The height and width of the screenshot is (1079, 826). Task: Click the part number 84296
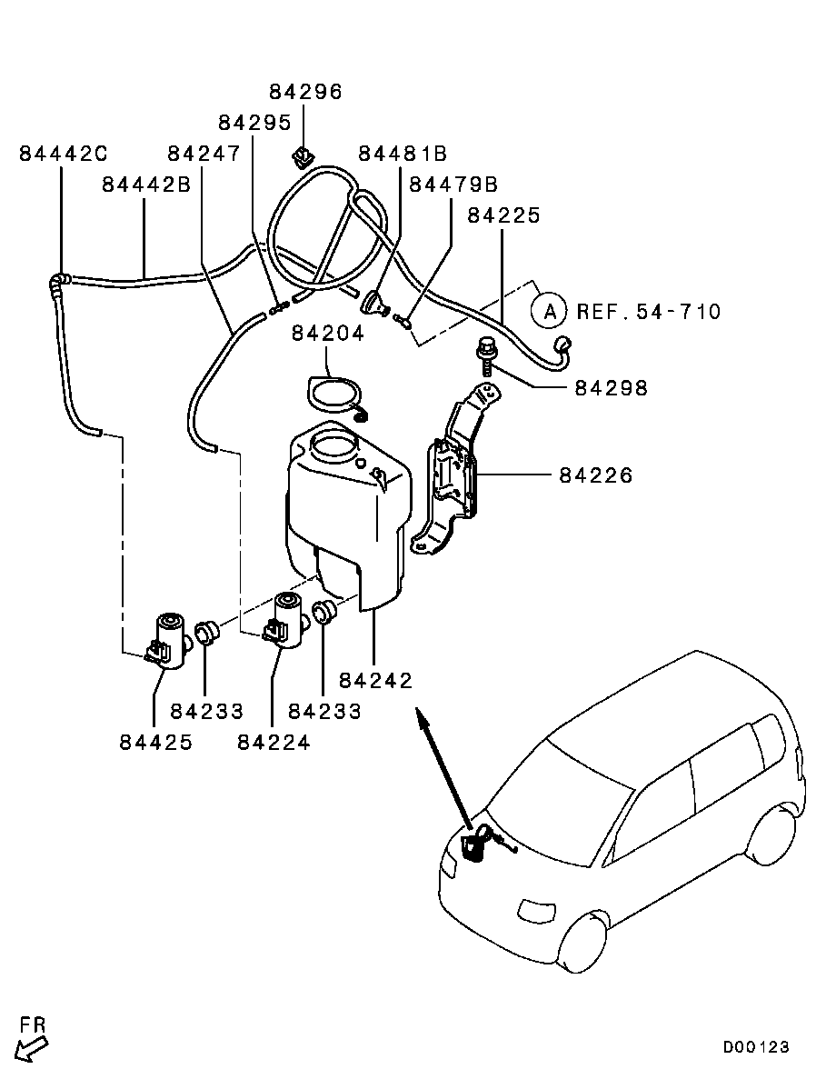click(x=305, y=92)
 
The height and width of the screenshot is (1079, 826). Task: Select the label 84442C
click(x=63, y=155)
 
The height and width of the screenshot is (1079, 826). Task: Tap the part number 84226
click(x=595, y=475)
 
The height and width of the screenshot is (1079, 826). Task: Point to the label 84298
click(x=611, y=388)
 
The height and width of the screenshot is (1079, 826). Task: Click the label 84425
click(x=155, y=742)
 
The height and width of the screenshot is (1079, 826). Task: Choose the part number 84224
click(x=274, y=742)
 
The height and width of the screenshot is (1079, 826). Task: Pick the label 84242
click(x=375, y=681)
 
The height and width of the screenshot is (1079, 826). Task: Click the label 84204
click(x=328, y=334)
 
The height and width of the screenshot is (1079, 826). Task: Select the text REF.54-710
click(x=648, y=312)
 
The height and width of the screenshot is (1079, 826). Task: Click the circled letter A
click(x=549, y=312)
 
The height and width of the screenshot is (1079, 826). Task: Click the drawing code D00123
click(x=756, y=1047)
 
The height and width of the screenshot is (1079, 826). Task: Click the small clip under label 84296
click(x=302, y=158)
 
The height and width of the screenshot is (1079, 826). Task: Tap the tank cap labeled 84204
click(x=333, y=395)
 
